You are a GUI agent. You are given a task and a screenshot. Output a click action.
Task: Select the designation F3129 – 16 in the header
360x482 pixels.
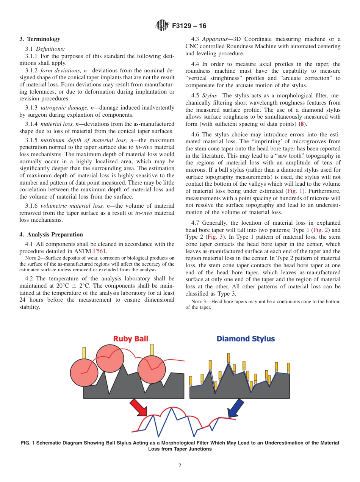[x=189, y=26]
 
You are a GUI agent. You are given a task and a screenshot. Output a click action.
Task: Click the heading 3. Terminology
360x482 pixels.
[x=40, y=39]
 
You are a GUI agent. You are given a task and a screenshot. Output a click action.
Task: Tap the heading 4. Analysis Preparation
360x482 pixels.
[x=51, y=235]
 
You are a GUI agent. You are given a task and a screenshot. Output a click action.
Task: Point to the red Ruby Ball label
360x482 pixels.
[x=130, y=339]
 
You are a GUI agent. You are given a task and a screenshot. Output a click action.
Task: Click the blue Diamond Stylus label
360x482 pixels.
[x=246, y=339]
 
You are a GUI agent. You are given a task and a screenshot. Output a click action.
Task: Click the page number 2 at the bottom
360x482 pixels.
[x=180, y=466]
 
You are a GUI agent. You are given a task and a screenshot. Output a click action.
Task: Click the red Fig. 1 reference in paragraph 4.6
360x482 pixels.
[x=294, y=191]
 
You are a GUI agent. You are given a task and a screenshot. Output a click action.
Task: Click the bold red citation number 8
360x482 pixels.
[x=302, y=124]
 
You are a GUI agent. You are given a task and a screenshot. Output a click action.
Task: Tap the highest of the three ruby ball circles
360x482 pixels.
[x=110, y=358]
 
